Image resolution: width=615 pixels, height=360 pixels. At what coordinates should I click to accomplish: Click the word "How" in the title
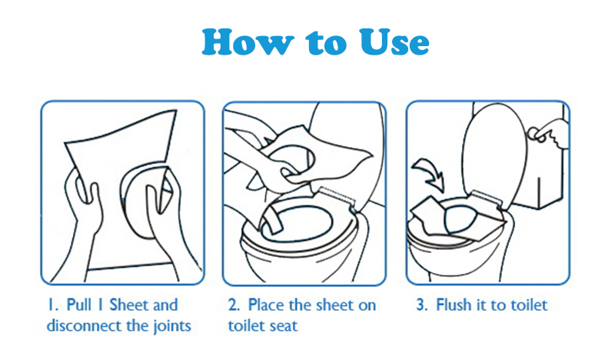[x=248, y=42]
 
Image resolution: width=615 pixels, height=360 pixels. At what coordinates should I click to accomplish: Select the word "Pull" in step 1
[x=79, y=305]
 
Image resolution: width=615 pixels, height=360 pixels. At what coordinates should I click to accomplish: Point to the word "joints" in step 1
[x=171, y=326]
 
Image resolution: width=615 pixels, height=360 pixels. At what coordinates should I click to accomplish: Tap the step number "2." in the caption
[x=234, y=305]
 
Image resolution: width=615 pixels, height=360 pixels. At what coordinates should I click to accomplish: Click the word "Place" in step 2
[x=267, y=305]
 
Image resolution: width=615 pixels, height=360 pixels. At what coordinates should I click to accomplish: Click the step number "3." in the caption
[x=422, y=305]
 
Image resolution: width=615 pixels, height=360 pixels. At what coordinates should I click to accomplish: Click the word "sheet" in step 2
[x=331, y=305]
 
